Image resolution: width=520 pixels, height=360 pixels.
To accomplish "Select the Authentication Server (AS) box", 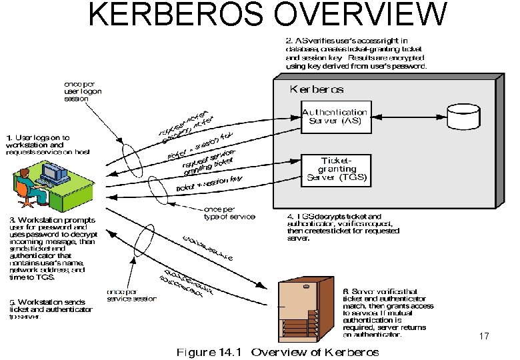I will (334, 117).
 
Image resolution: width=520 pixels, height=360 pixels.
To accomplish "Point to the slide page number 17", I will (484, 337).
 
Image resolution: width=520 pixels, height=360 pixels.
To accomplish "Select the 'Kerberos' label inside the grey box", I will (316, 89).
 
